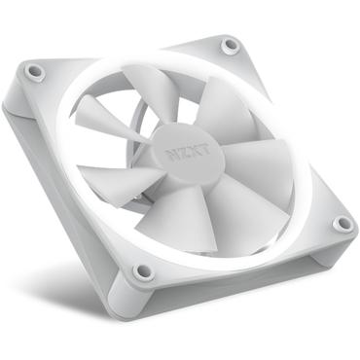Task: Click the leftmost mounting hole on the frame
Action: point(35,71)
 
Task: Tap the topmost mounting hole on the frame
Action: point(230,45)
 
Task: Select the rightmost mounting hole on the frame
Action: point(342,224)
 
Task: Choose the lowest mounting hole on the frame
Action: point(144,270)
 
